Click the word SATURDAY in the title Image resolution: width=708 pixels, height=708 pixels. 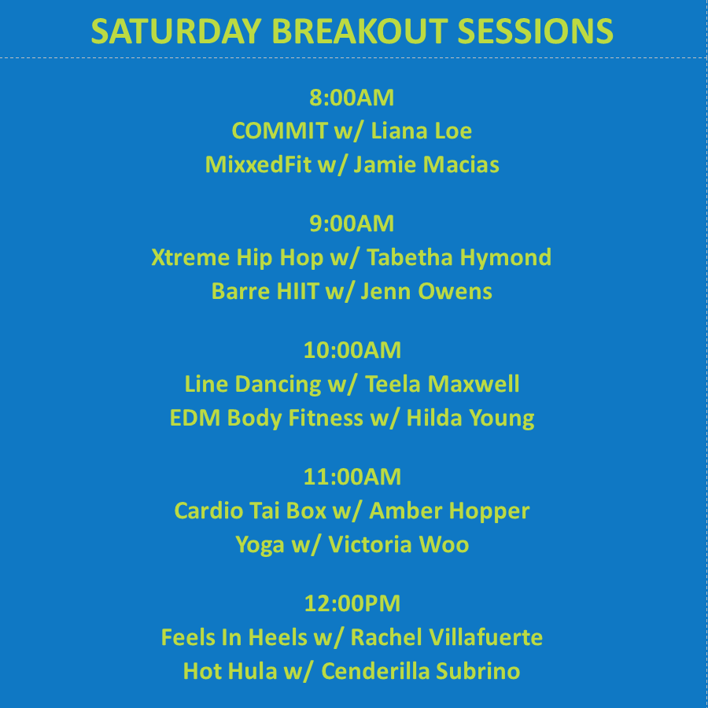pos(176,31)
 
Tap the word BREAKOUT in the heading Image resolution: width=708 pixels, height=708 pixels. pos(360,31)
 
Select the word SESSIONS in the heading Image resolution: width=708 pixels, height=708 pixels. pos(536,31)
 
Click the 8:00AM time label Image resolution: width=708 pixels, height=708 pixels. pos(352,98)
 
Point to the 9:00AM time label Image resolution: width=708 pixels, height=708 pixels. pos(352,223)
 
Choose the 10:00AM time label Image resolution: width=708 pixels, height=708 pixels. pos(352,350)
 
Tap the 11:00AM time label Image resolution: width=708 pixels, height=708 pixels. pos(352,477)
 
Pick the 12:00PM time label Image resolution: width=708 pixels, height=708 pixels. pos(352,603)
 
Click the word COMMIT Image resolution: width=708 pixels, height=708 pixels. pos(280,131)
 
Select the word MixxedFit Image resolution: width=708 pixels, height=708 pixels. pos(258,164)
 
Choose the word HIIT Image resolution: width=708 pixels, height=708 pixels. pos(297,291)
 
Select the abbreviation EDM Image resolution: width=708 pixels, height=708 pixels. pos(194,418)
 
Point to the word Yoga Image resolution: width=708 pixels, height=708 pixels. pos(260,545)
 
